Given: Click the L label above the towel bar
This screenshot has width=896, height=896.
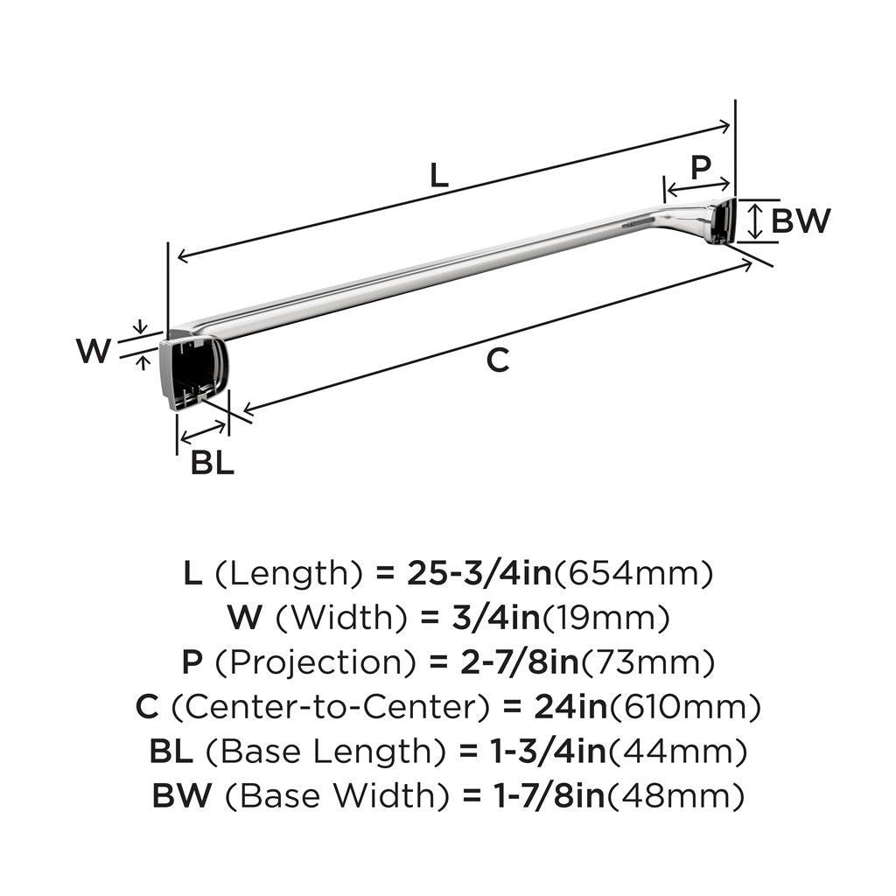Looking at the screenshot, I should click(438, 176).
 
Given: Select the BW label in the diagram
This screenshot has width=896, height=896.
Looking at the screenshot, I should click(801, 220).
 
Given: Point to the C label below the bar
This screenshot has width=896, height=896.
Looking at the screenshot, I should click(497, 360).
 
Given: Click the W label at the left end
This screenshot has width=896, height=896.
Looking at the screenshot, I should click(94, 351).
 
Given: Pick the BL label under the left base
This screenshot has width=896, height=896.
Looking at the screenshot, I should click(213, 463).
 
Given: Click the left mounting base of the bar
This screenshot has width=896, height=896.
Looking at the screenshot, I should click(193, 369).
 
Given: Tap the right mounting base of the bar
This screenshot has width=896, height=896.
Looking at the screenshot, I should click(722, 221).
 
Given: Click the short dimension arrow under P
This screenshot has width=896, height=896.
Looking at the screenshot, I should click(697, 185).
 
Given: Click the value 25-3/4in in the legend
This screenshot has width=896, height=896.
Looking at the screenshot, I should click(479, 574).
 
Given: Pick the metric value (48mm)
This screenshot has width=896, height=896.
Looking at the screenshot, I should click(675, 795).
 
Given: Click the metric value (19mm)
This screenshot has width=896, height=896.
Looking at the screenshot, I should click(606, 619).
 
